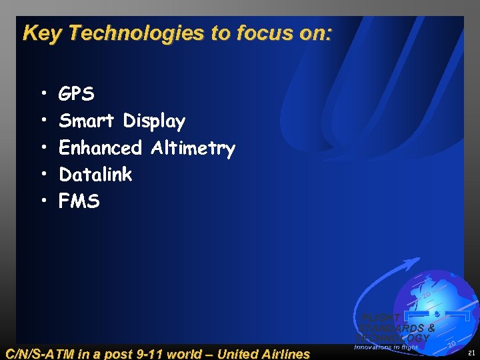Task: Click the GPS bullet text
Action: [77, 95]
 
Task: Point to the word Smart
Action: [88, 121]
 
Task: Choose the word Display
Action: [154, 121]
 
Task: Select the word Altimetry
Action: [193, 148]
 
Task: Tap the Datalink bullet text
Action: [95, 175]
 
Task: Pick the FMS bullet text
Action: [79, 201]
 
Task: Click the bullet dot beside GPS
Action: [43, 95]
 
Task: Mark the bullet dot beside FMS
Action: [43, 201]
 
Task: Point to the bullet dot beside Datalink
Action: [43, 175]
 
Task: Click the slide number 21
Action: [471, 353]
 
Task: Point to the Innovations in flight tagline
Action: [386, 347]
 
